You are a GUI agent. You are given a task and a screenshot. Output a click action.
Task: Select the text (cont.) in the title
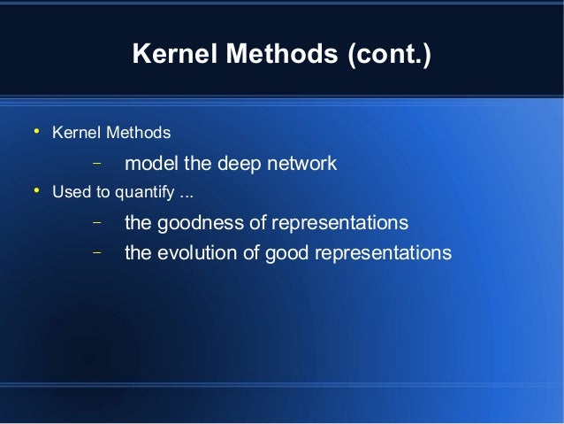click(387, 56)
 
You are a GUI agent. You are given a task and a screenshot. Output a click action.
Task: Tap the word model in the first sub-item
click(151, 164)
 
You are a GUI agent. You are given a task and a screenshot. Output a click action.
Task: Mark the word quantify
click(134, 192)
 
